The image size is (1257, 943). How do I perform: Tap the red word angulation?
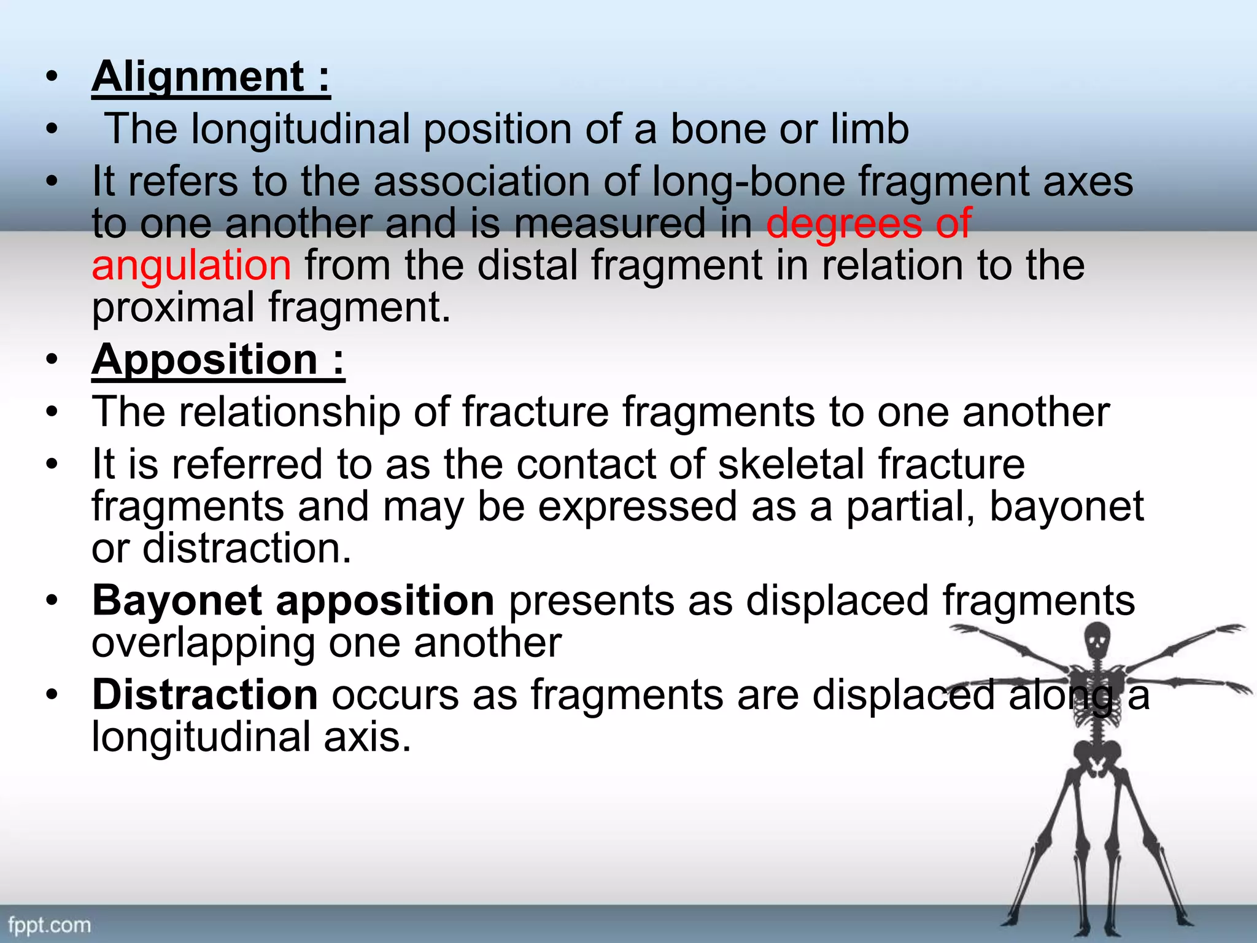[x=191, y=265]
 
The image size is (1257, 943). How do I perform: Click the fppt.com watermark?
[x=49, y=925]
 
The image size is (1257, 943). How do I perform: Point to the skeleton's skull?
[x=1097, y=638]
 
